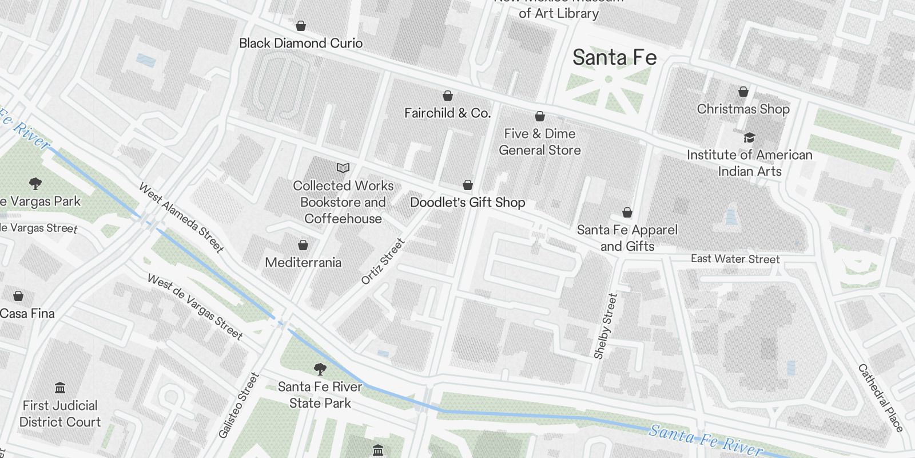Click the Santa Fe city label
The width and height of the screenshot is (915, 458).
coord(614,58)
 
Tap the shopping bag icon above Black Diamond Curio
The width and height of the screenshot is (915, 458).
coord(300,26)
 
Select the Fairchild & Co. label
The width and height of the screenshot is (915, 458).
coord(447,113)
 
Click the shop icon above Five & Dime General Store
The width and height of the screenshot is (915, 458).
coord(539,117)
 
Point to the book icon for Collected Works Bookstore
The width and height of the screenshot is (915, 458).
coord(343,168)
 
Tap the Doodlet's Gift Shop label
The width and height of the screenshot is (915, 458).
coord(467,203)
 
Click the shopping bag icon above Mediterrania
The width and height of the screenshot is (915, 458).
coord(303,246)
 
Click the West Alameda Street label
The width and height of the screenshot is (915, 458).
coord(181,218)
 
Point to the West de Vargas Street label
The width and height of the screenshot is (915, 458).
coord(195,307)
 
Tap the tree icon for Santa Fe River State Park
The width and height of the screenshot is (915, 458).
coord(320,369)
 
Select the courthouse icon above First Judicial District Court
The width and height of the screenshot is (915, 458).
coord(60,388)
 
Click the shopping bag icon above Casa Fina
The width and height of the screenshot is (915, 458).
coord(18,296)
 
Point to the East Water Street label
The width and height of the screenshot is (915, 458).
coord(735,259)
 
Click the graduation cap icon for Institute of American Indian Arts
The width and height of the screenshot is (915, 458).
coord(749,137)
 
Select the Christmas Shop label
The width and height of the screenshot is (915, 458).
coord(743,109)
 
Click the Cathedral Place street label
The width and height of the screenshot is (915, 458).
coord(880,398)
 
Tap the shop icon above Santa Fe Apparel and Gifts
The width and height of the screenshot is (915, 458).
coord(627,213)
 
